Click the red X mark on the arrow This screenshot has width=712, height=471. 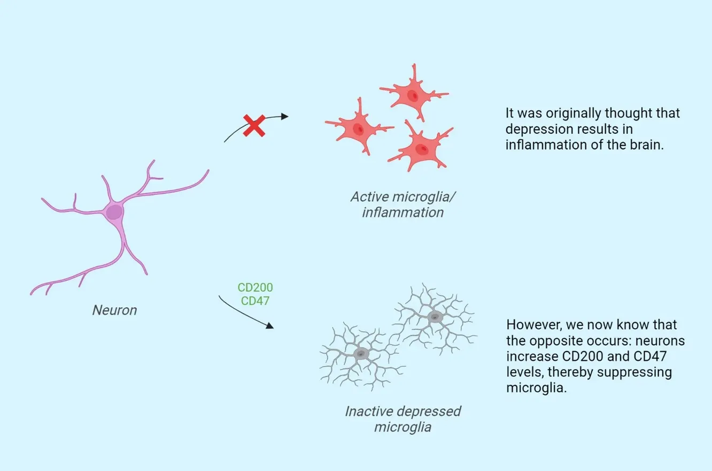(254, 125)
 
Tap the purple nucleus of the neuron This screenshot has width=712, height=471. (114, 212)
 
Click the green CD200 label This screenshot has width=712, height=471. (255, 288)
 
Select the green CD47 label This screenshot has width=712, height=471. (255, 301)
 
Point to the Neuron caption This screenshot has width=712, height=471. (114, 310)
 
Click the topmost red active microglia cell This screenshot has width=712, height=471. (412, 95)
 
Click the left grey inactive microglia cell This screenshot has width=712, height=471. (362, 354)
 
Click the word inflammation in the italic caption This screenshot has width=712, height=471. (403, 212)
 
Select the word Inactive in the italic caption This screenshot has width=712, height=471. (366, 412)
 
